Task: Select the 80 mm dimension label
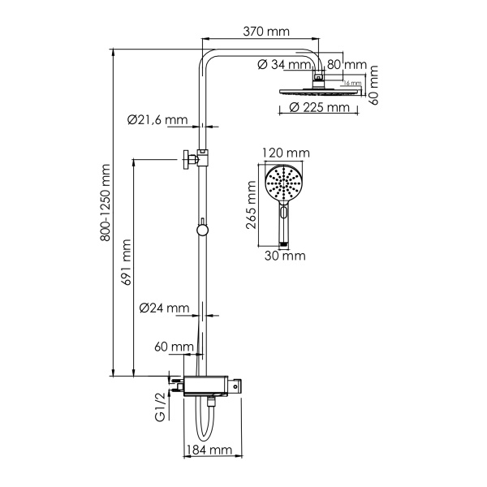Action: pos(347,65)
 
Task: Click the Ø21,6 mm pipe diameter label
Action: pos(158,120)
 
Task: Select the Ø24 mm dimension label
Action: pos(164,308)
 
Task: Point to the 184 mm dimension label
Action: pos(209,450)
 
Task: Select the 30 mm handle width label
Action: pos(284,256)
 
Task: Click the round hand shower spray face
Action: pos(284,186)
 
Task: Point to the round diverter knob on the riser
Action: pos(202,231)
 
